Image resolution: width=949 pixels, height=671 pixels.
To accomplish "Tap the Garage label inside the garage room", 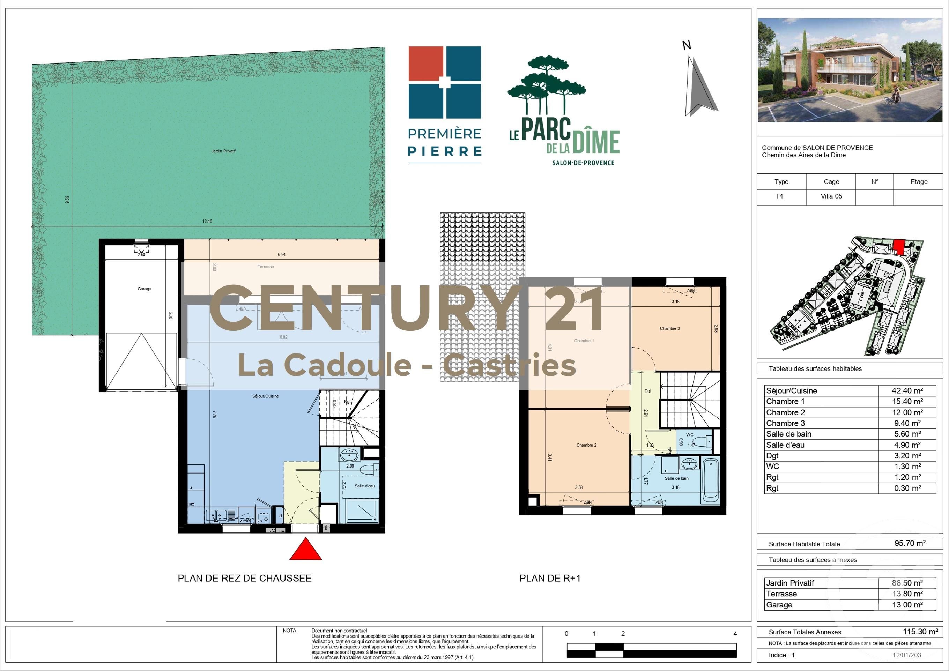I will coord(144,289).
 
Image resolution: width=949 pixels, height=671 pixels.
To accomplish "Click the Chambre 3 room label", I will coord(669,328).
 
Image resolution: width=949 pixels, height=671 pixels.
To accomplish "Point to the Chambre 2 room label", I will coord(586,445).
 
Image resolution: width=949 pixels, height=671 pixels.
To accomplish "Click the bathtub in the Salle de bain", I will coord(711,479).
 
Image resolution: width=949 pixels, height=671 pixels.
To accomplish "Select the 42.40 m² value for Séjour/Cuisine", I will coord(907,391).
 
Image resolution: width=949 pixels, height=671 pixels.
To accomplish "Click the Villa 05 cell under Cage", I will coord(831,196).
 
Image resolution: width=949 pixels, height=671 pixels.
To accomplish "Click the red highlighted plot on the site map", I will coord(898,248).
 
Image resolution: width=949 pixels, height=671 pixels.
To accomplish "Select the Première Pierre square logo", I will coord(444,82).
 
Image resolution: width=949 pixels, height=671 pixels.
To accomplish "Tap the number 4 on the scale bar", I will coord(735,633).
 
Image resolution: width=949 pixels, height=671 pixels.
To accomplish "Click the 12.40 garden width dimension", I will coord(207,222).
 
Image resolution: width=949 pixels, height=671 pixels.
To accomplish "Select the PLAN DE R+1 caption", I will coord(550,579).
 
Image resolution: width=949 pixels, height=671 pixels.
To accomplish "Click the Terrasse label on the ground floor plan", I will coord(265,267).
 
